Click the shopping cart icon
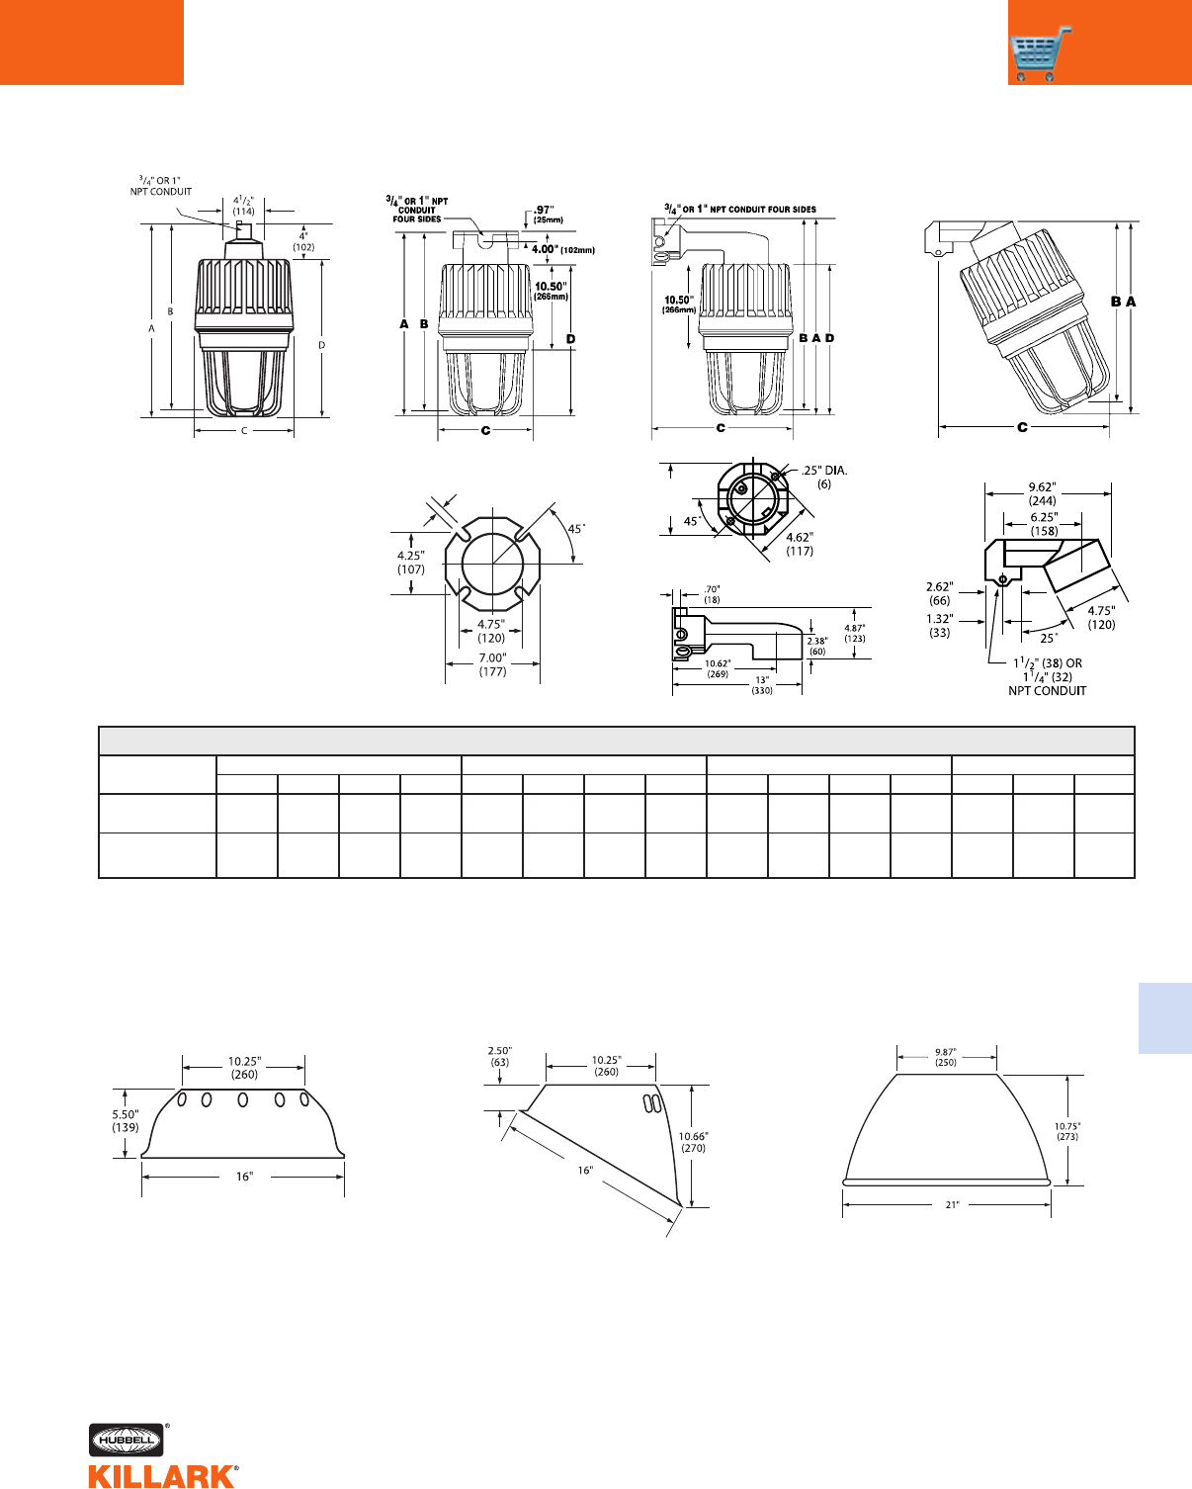pyautogui.click(x=1040, y=54)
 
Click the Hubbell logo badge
pyautogui.click(x=127, y=1440)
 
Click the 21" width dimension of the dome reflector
pyautogui.click(x=953, y=1204)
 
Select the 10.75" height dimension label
pyautogui.click(x=1067, y=1131)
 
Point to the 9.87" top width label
pyautogui.click(x=946, y=1057)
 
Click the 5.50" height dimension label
pyautogui.click(x=126, y=1121)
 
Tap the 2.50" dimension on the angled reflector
pyautogui.click(x=499, y=1057)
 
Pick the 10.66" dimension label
pyautogui.click(x=693, y=1142)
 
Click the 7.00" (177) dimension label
pyautogui.click(x=492, y=664)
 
